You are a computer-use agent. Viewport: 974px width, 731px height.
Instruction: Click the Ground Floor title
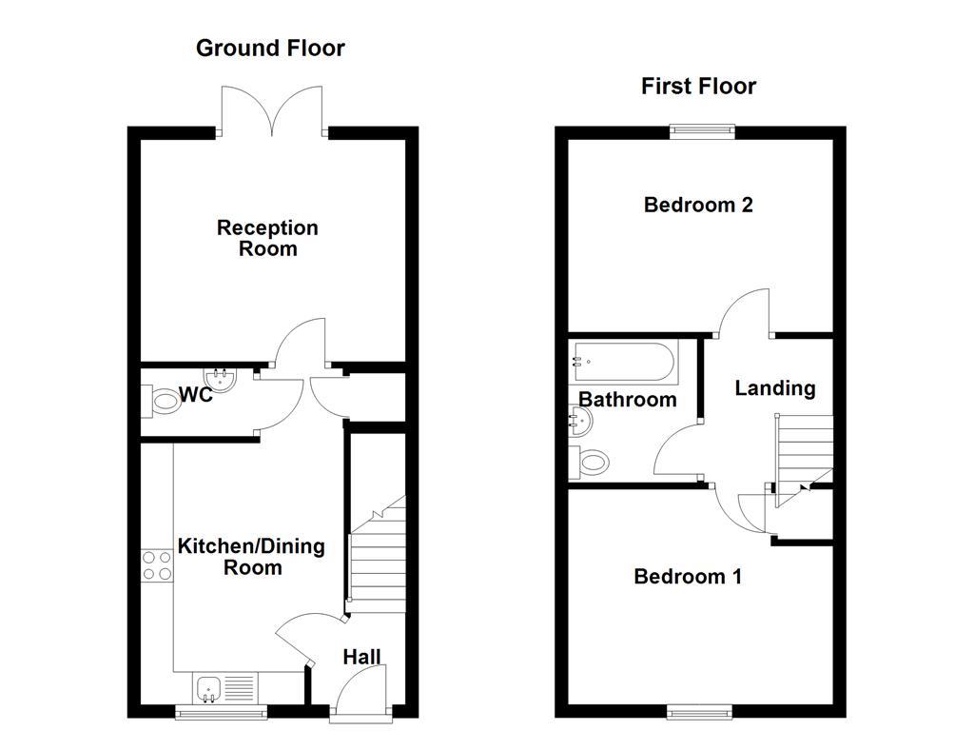270,48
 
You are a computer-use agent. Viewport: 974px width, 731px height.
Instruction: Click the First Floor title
698,87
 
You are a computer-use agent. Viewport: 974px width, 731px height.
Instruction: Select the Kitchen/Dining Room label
251,557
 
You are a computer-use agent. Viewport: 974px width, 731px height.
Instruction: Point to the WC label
195,395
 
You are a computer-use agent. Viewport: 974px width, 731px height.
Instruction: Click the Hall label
361,657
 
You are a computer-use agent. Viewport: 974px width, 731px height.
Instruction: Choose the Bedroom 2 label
698,205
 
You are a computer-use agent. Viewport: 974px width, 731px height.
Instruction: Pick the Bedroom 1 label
688,577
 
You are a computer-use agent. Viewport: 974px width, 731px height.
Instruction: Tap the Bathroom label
628,400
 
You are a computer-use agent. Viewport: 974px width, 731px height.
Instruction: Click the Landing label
775,388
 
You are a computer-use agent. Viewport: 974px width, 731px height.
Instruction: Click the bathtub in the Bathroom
624,363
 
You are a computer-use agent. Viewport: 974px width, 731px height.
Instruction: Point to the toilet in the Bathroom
589,464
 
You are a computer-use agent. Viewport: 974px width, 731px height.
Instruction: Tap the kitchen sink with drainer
225,685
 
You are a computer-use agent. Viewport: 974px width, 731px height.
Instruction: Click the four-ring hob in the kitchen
156,565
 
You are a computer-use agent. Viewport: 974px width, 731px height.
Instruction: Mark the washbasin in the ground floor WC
222,380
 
